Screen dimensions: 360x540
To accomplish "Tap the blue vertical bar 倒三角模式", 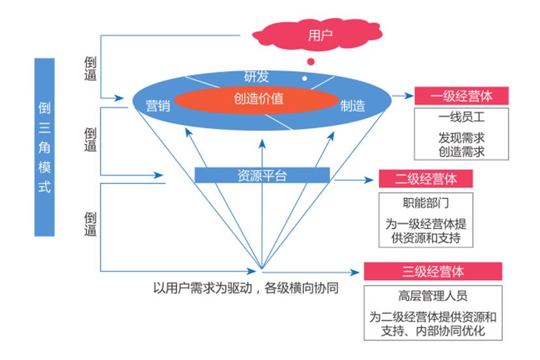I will tap(44, 146).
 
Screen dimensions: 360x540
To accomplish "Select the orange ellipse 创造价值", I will tap(259, 100).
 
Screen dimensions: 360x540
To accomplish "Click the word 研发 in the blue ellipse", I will tap(256, 76).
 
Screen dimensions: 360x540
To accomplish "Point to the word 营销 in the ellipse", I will tap(158, 106).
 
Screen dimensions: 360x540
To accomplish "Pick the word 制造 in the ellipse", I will tap(352, 106).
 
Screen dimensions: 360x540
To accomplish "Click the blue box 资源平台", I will tap(262, 175).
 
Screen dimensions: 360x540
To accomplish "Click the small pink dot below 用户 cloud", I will tap(311, 62).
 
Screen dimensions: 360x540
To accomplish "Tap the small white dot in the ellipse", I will tap(304, 77).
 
